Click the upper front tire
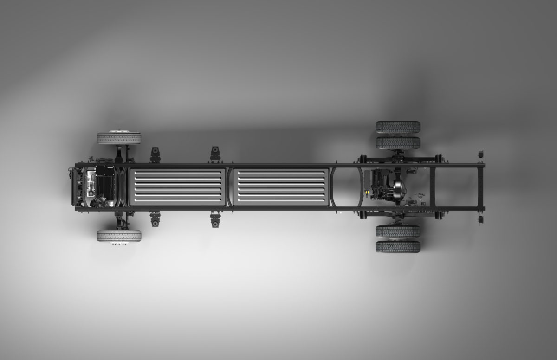tap(119, 138)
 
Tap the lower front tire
tap(119, 236)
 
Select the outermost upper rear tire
tap(398, 127)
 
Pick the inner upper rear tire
tap(398, 142)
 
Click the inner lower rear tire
tap(398, 231)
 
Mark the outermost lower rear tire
tap(398, 246)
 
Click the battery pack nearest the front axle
tap(177, 186)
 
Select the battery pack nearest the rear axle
tap(281, 186)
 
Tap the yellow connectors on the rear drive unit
tap(369, 190)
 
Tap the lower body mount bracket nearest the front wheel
tap(155, 218)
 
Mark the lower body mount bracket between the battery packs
tap(215, 219)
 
